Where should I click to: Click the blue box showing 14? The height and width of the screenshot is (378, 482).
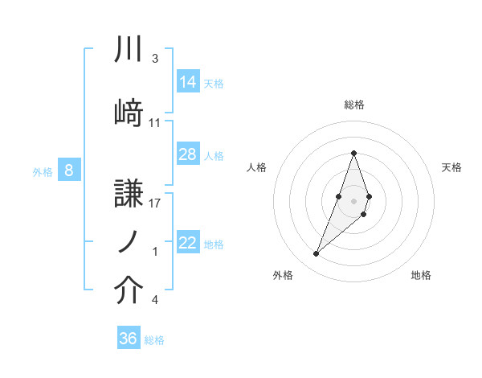[x=188, y=81]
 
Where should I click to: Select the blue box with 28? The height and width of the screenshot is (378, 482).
[x=188, y=154]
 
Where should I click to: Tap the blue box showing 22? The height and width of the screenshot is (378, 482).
[x=188, y=243]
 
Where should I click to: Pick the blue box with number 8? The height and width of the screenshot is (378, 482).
[x=69, y=171]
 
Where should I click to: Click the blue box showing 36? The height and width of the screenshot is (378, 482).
[x=129, y=339]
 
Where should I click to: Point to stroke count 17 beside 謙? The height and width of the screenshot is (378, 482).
[x=155, y=203]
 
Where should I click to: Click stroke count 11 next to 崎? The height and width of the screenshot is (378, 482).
[x=155, y=123]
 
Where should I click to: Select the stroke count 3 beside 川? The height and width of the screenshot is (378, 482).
[x=154, y=60]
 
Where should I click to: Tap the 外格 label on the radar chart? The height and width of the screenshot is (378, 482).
[x=283, y=276]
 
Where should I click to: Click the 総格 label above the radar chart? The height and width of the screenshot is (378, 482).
[x=354, y=105]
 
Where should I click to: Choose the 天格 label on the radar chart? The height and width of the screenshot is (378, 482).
[x=452, y=167]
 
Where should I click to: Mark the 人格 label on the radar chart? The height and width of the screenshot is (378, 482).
[x=257, y=167]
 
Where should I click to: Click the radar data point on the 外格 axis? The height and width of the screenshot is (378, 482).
[x=317, y=254]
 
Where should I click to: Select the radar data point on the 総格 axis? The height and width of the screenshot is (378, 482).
[x=354, y=154]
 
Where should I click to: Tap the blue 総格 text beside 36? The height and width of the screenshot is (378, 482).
[x=154, y=340]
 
